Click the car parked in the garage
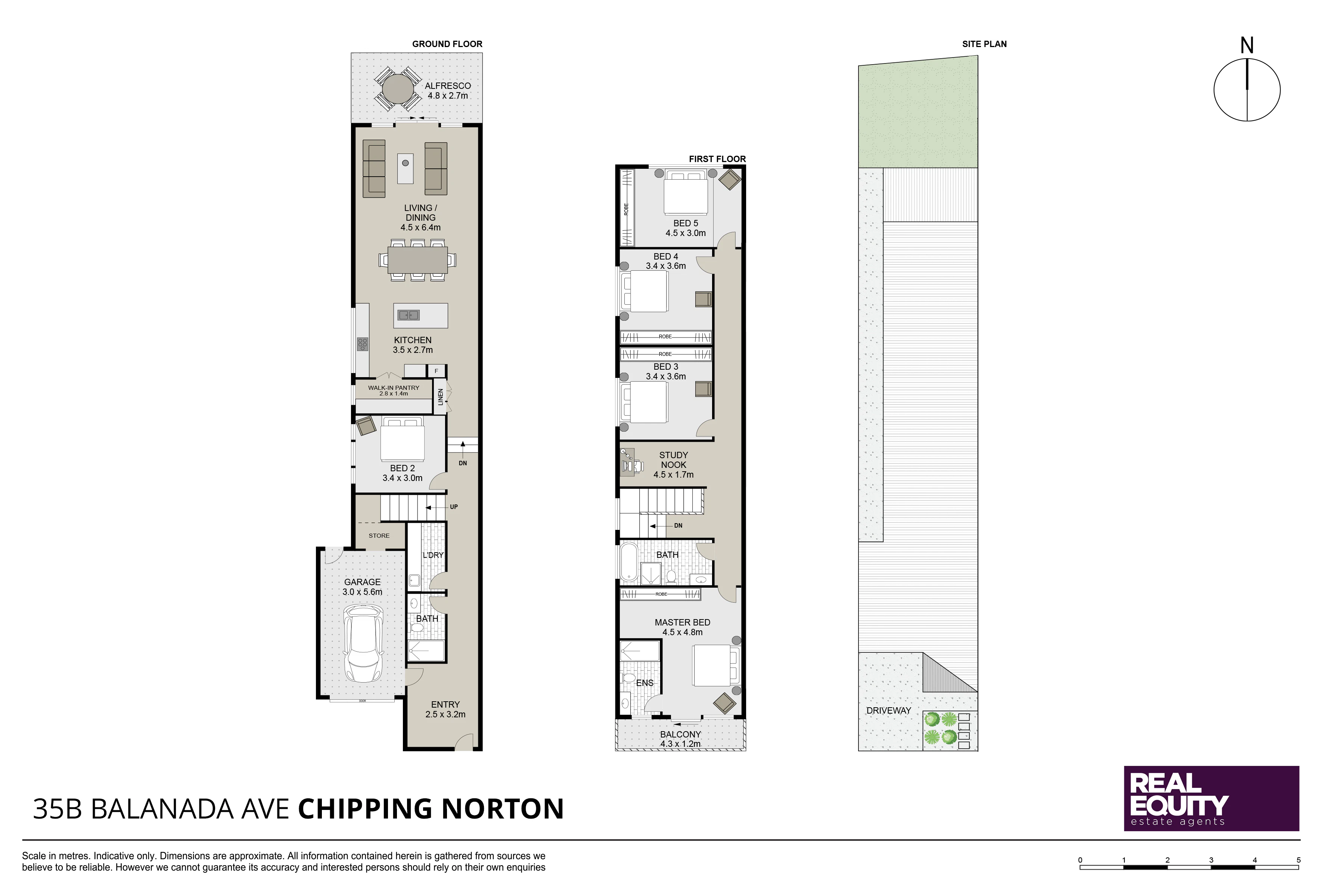363,643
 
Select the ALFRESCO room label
448,86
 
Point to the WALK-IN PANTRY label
394,388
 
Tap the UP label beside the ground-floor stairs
454,507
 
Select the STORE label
379,535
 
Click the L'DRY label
433,555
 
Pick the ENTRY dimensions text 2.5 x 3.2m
445,714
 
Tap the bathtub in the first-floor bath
628,561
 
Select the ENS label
645,683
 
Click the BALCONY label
681,735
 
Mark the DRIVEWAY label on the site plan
889,711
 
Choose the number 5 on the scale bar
1299,860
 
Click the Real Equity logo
1212,799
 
